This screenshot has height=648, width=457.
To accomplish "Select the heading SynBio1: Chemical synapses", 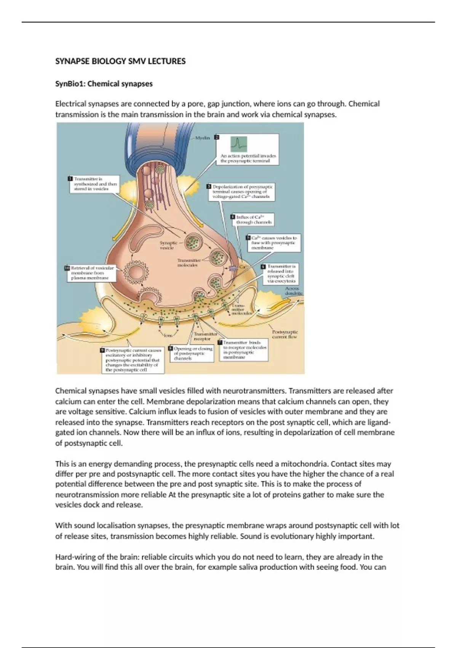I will click(x=104, y=84).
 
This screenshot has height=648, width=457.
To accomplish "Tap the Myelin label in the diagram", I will click(x=202, y=138).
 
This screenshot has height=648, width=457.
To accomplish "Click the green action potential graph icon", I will click(x=238, y=144).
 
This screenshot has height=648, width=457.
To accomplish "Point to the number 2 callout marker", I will click(x=217, y=137).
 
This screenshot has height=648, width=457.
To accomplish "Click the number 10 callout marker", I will click(x=67, y=268).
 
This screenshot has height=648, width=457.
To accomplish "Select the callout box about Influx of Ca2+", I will click(x=253, y=220).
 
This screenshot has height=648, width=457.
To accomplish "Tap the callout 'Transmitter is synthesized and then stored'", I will click(x=93, y=184).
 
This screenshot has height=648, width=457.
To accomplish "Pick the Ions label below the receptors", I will click(x=168, y=335).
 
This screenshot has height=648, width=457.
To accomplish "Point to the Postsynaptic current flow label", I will click(x=285, y=334).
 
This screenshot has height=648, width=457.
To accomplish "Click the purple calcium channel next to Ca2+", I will click(x=232, y=268).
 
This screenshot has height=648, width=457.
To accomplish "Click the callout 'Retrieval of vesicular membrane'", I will click(x=91, y=273).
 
